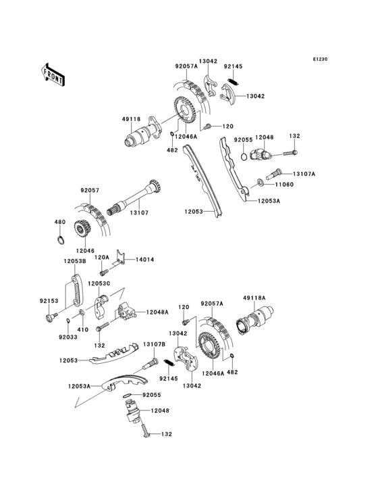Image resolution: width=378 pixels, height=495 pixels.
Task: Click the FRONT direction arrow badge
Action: click(x=53, y=74)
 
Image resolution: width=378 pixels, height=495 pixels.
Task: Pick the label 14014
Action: click(x=145, y=259)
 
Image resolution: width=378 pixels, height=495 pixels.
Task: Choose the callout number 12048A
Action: click(x=157, y=312)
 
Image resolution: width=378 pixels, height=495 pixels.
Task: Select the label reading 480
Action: click(x=59, y=222)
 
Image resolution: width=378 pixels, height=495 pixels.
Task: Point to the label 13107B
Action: click(x=153, y=344)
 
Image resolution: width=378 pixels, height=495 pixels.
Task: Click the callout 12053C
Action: click(x=82, y=283)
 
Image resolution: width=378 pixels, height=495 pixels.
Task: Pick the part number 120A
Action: click(x=101, y=258)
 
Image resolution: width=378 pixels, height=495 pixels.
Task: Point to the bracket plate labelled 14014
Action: click(x=122, y=257)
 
